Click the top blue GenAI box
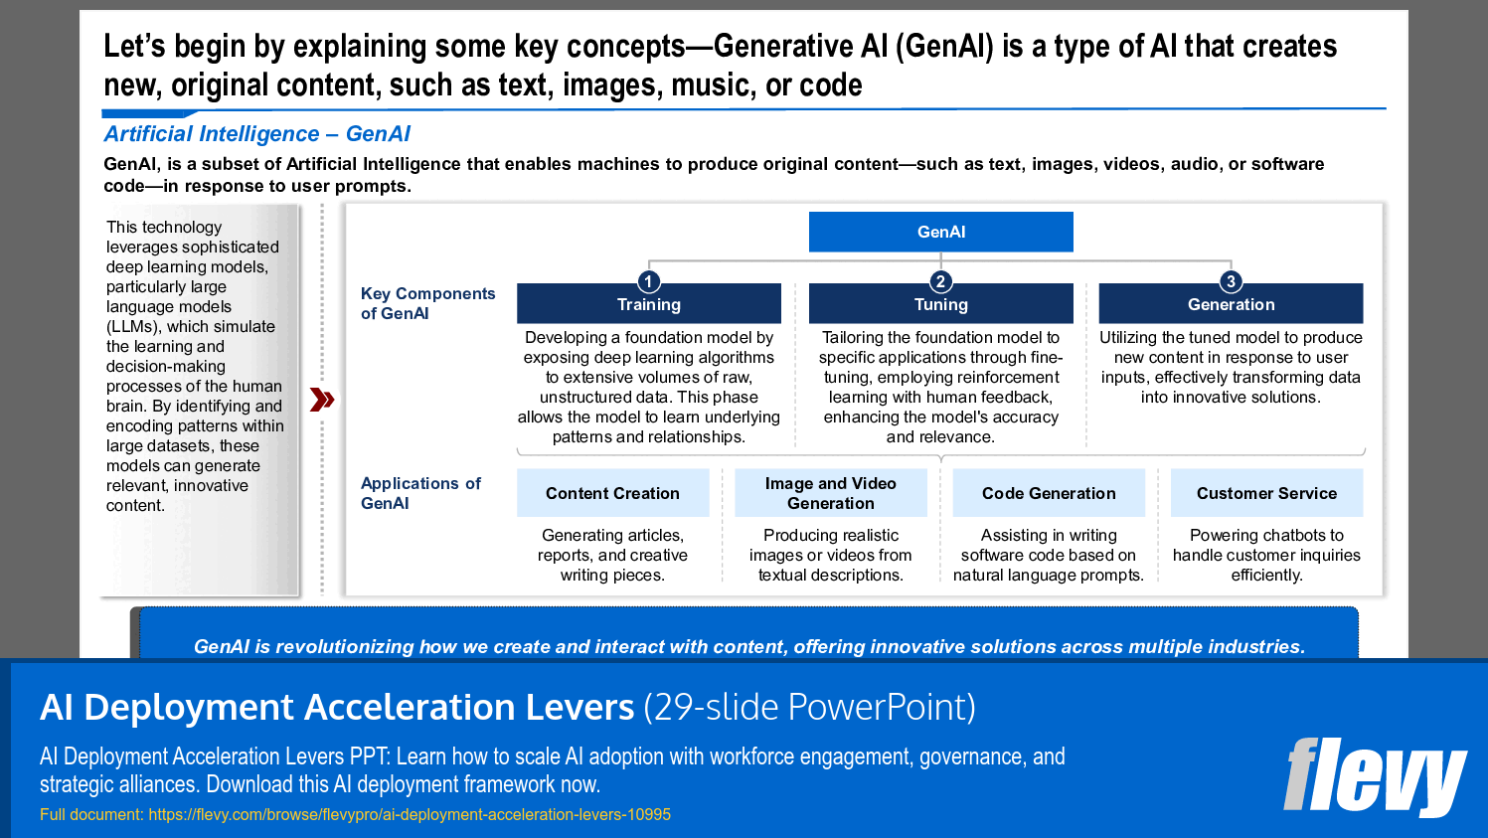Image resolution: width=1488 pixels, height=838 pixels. (x=940, y=232)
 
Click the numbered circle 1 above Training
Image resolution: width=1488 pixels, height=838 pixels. (x=648, y=281)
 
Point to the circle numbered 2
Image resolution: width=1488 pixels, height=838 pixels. (x=940, y=281)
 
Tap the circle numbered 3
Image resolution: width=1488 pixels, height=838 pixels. (x=1231, y=281)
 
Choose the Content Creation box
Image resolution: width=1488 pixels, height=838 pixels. (x=612, y=493)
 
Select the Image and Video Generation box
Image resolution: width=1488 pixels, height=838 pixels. (x=830, y=493)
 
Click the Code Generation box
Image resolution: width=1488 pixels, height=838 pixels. (x=1049, y=493)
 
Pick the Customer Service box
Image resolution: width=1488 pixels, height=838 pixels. (x=1266, y=493)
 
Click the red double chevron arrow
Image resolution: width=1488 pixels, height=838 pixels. (x=322, y=400)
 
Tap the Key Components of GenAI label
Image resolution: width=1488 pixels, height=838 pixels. (x=427, y=303)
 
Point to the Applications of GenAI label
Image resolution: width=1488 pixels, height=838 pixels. (x=420, y=493)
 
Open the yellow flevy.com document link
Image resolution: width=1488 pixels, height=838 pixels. (x=409, y=814)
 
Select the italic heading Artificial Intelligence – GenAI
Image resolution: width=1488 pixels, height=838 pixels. (x=256, y=134)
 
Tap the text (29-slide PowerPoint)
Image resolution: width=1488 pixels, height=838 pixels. (x=809, y=707)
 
